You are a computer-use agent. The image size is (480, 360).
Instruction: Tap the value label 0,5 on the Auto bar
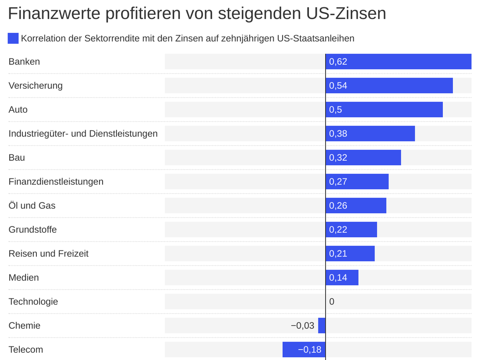(336, 110)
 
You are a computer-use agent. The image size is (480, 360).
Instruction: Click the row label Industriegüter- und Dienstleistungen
(83, 134)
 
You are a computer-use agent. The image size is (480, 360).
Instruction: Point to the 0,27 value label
(338, 182)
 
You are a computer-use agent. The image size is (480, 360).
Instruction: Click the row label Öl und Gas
(32, 206)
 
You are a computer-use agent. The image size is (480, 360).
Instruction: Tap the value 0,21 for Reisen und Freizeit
(338, 254)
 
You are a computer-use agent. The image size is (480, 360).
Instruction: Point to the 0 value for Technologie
(332, 302)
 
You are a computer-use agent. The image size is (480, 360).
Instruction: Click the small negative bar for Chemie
(322, 326)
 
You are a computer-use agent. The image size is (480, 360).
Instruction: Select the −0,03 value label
(302, 326)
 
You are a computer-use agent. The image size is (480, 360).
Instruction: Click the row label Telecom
(26, 350)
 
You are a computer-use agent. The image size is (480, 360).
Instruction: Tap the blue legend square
(13, 38)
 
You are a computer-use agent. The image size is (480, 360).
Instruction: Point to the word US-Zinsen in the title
(347, 14)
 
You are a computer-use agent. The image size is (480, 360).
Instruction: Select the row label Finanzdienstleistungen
(56, 182)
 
